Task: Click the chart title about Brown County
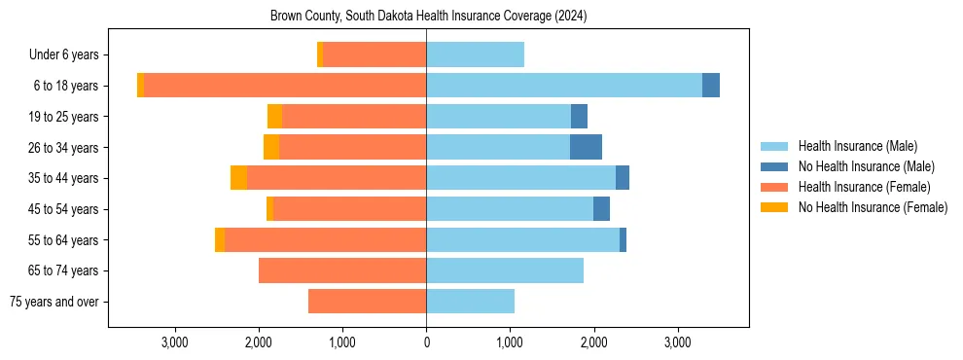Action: [x=428, y=17]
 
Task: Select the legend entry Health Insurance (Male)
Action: [x=857, y=146]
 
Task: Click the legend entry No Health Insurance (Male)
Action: [x=866, y=166]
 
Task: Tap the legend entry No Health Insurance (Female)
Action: [x=873, y=207]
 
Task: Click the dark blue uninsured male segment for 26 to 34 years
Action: [x=586, y=147]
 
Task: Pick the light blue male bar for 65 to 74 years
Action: [x=505, y=270]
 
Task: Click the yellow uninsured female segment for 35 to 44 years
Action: [x=238, y=178]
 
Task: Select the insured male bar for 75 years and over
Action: [x=470, y=302]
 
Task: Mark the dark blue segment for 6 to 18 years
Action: [x=711, y=86]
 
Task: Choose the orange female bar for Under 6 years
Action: [x=374, y=54]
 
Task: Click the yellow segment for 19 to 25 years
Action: [x=274, y=117]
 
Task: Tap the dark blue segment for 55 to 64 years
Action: [x=623, y=239]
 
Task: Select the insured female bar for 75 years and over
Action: [x=367, y=302]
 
